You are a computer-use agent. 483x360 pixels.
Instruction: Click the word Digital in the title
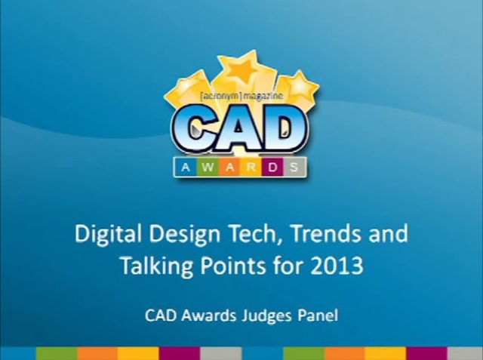[109, 234]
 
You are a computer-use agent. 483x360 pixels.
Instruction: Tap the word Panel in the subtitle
[318, 315]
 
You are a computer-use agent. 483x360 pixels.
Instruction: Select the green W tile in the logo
[208, 168]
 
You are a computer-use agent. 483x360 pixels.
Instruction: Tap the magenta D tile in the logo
[273, 168]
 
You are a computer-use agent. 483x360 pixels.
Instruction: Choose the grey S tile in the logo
[294, 168]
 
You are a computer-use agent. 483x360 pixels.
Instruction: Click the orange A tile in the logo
[229, 168]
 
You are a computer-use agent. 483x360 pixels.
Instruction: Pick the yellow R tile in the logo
[251, 168]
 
